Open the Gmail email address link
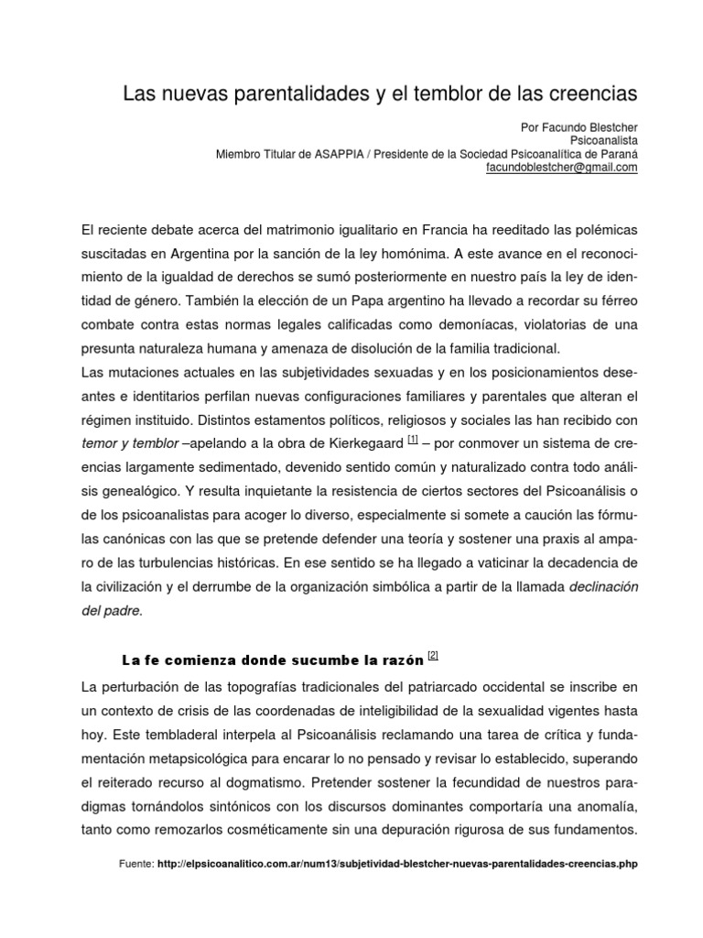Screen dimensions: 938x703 [x=561, y=168]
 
